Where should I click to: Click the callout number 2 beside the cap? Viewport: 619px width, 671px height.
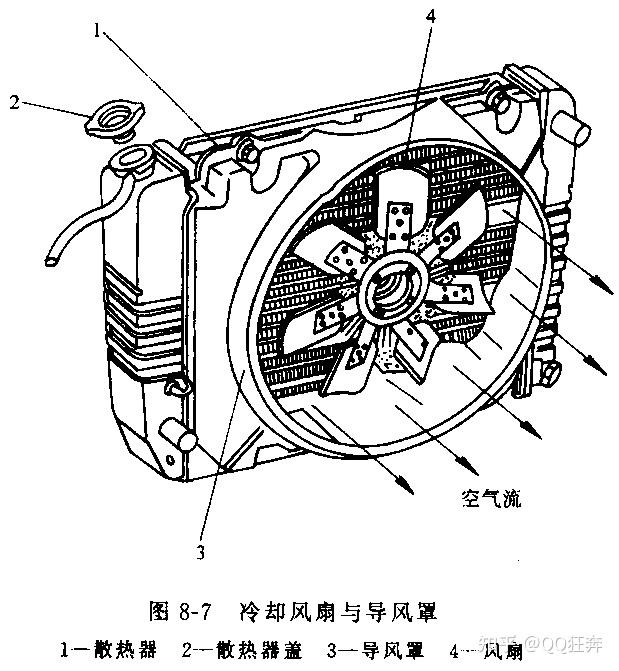click(15, 101)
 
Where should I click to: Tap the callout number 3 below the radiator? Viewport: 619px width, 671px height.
click(201, 549)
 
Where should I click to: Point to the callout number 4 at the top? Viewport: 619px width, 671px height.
click(430, 17)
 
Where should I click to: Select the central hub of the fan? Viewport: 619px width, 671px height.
click(387, 289)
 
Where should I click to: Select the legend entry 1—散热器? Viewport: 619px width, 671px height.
click(109, 648)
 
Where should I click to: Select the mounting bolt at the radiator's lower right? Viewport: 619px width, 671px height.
click(548, 375)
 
